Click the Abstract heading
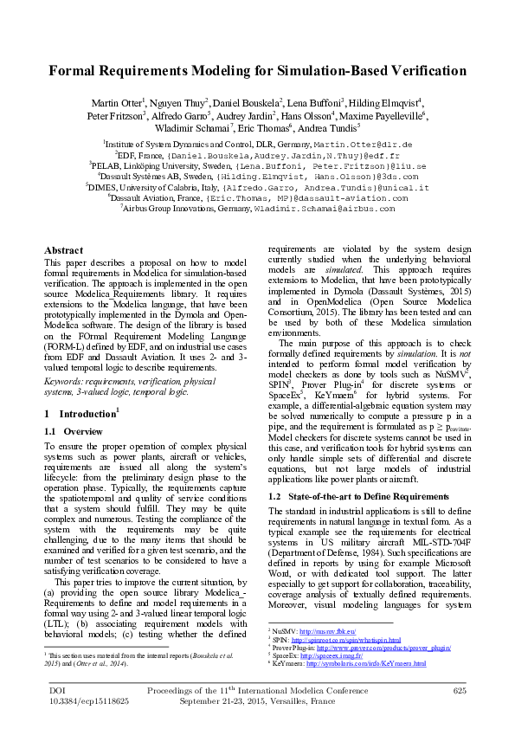[63, 250]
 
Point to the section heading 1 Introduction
[80, 414]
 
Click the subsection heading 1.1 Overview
[73, 430]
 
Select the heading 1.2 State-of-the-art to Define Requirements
[357, 496]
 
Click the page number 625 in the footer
[460, 690]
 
